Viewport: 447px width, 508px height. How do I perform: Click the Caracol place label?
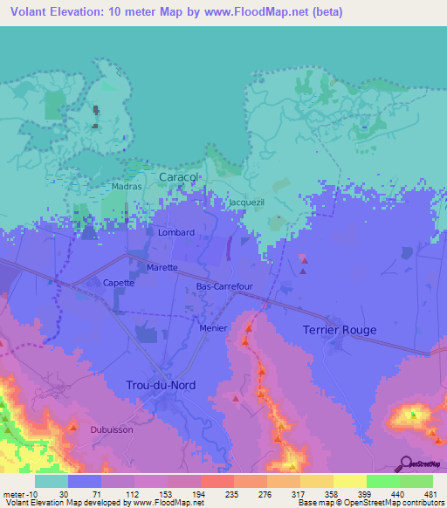pos(179,177)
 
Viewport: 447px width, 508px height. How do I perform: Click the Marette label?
pos(162,267)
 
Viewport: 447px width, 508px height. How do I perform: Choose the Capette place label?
pos(119,283)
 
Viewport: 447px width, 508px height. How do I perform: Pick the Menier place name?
pos(213,328)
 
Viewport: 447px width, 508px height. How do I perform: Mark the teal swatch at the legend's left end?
pos(52,481)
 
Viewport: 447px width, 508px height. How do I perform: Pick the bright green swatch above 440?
pos(383,481)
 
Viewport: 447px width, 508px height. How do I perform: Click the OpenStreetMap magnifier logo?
pos(404,463)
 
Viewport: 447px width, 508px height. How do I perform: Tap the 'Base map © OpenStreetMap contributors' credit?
pos(371,503)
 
